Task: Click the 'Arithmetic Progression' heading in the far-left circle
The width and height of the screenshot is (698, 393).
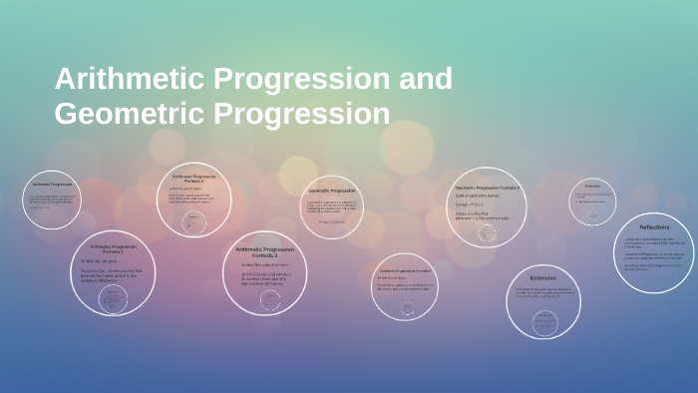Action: [52, 185]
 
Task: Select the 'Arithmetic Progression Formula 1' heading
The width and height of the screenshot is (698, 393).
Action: [113, 249]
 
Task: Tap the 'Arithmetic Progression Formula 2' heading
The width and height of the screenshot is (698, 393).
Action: [192, 180]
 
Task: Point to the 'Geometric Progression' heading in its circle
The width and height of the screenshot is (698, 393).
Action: [331, 190]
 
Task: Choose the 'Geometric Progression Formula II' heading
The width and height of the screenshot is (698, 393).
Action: [488, 188]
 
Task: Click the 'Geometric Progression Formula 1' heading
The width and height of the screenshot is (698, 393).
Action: [404, 270]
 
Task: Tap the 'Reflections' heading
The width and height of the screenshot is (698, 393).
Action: [654, 227]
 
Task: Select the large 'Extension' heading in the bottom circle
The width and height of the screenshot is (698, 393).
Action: [542, 277]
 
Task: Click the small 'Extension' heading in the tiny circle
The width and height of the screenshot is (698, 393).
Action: [592, 187]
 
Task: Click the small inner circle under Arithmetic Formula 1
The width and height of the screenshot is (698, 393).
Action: [113, 298]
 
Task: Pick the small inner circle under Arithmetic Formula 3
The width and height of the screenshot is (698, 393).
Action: [264, 299]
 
